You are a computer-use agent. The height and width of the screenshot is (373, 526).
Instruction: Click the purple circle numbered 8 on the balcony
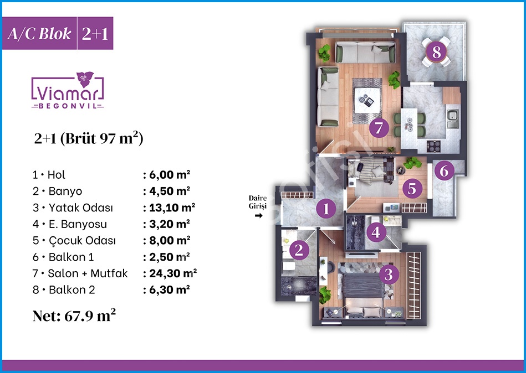[x=436, y=52]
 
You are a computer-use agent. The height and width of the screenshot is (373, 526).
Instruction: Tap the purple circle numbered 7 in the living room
[x=379, y=128]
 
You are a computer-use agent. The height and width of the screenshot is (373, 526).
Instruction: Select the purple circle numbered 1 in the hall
[x=326, y=209]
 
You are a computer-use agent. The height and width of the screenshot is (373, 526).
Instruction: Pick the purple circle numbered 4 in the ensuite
[x=376, y=232]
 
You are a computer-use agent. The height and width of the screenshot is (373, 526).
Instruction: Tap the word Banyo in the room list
[x=65, y=191]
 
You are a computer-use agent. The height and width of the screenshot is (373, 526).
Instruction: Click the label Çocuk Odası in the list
[x=82, y=240]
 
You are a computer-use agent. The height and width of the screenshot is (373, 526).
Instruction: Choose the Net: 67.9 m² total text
[x=74, y=315]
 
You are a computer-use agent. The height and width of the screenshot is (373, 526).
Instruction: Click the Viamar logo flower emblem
[x=85, y=79]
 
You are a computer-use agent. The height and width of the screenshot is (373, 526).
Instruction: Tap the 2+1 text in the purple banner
[x=95, y=34]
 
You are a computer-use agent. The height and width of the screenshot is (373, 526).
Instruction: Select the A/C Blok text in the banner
[x=39, y=34]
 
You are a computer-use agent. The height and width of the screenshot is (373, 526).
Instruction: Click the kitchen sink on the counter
[x=452, y=118]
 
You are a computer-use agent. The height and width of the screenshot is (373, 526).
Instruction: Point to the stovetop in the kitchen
[x=433, y=146]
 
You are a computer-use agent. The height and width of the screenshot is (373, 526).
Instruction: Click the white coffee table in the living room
[x=367, y=100]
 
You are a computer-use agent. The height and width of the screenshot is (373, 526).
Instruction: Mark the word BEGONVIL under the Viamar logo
[x=68, y=106]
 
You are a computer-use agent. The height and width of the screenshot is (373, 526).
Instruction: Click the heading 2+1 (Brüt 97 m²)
[x=89, y=138]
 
